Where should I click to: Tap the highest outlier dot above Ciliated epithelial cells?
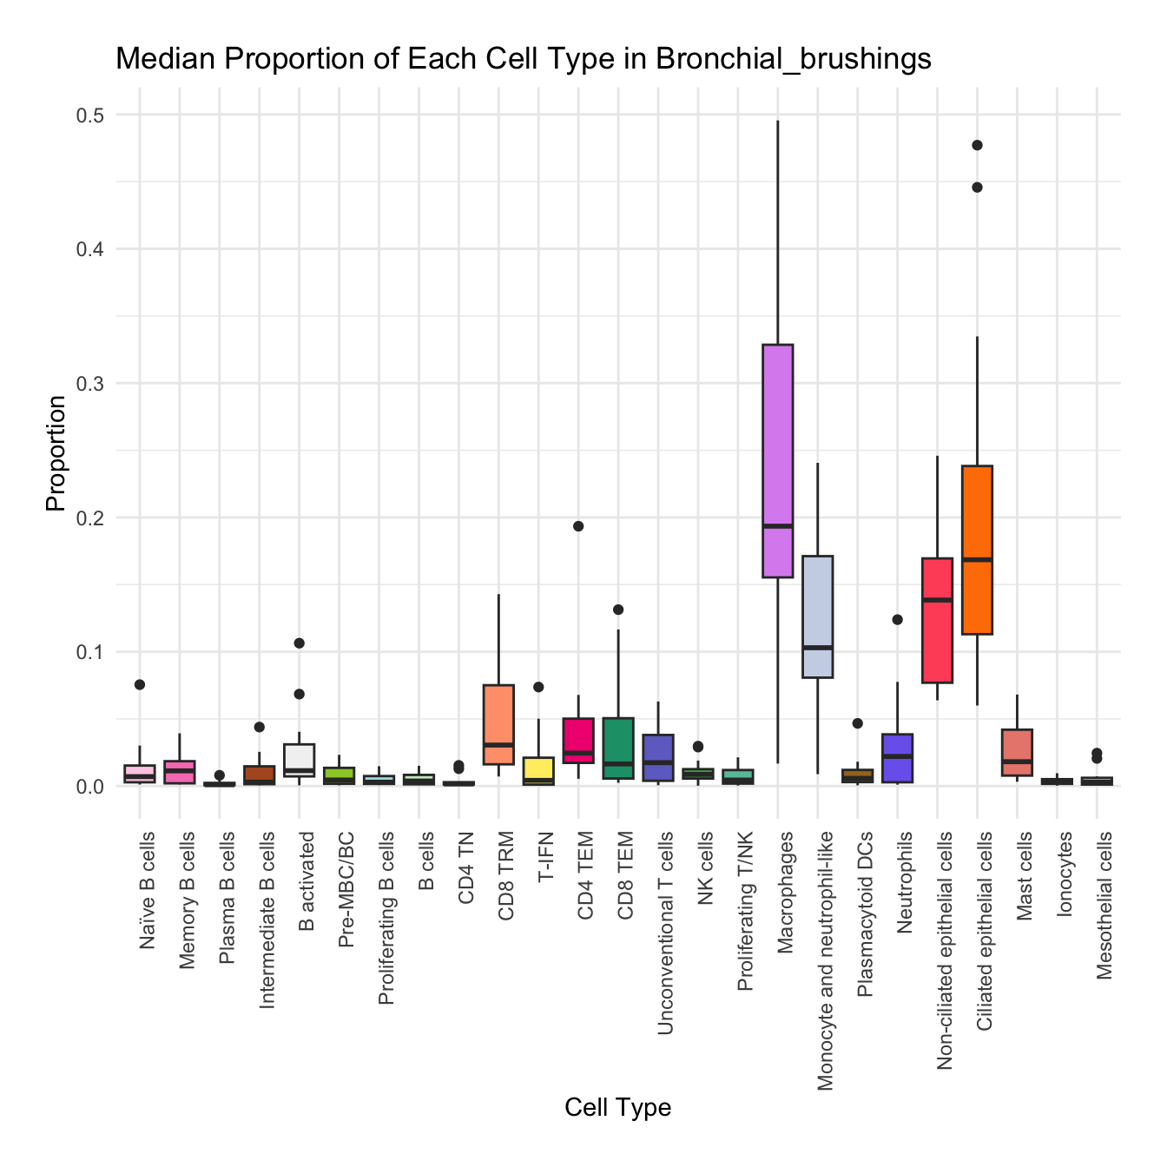[977, 145]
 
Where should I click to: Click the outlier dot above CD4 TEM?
[578, 525]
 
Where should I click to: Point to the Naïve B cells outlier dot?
[139, 684]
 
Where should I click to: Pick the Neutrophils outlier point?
[897, 619]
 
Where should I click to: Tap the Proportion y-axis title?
[56, 453]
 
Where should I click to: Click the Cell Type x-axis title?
[617, 1107]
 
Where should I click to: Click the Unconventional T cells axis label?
[666, 933]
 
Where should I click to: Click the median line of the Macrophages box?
[777, 525]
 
